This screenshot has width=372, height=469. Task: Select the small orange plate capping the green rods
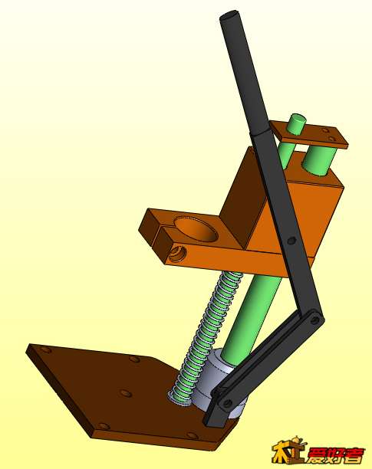pyautogui.click(x=308, y=134)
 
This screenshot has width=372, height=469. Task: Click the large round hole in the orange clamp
pyautogui.click(x=195, y=228)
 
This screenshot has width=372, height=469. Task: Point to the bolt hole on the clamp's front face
pyautogui.click(x=176, y=254)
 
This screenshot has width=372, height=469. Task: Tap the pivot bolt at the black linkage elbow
pyautogui.click(x=314, y=320)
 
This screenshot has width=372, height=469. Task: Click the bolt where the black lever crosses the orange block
pyautogui.click(x=291, y=240)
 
